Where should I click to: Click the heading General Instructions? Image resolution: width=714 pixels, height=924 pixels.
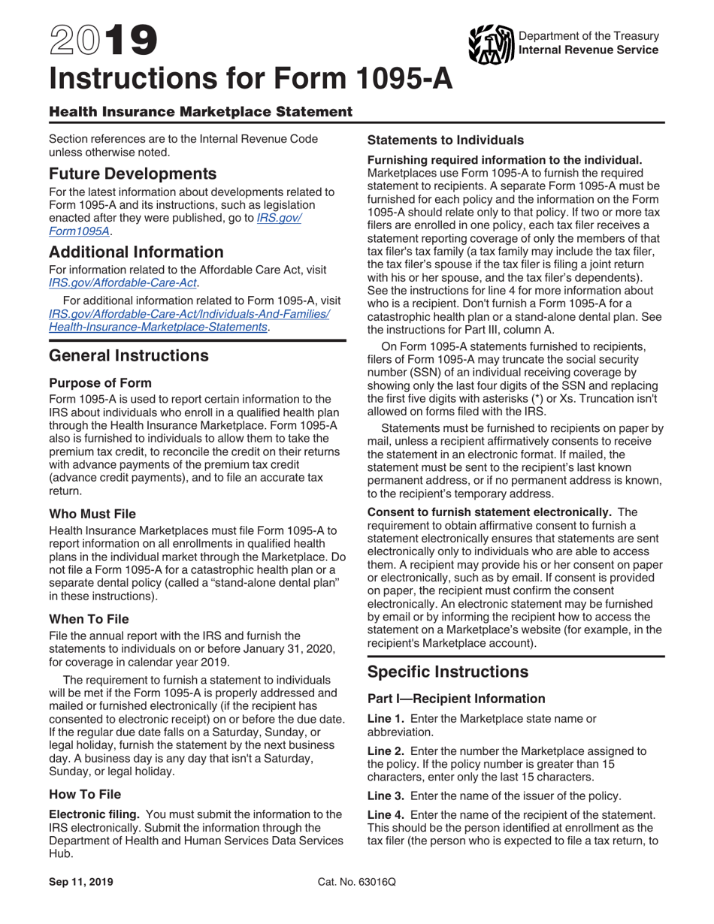point(129,355)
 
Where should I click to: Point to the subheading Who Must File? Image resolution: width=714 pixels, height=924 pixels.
point(92,514)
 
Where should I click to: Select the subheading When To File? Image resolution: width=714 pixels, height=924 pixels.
point(89,619)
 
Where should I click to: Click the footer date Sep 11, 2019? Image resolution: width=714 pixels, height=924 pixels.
point(81,883)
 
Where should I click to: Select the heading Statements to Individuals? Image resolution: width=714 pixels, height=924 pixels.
point(445,140)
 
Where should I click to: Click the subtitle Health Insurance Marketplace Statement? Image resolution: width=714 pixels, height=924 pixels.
point(200,112)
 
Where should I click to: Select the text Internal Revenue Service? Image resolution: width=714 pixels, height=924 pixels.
point(588,50)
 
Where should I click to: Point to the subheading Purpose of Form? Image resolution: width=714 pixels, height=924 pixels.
point(100,382)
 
